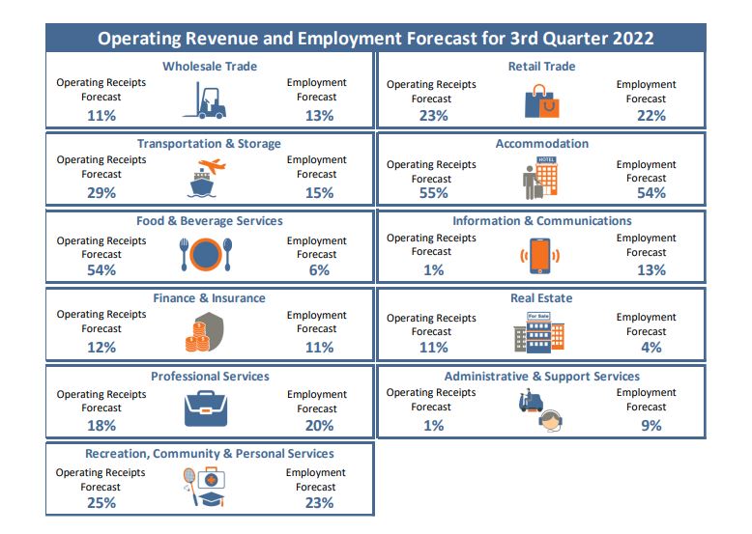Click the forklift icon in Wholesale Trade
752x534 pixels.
tap(204, 100)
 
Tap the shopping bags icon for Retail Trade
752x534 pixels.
tap(541, 100)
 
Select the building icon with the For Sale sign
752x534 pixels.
tap(538, 331)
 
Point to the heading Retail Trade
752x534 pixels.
tap(541, 67)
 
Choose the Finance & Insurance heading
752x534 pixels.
tap(209, 298)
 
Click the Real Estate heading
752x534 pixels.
tap(541, 298)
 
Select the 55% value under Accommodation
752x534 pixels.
tap(433, 193)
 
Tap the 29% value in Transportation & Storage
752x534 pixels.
tap(101, 193)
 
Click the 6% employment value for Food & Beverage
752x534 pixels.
tap(319, 270)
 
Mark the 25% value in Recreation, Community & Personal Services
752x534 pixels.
tap(101, 502)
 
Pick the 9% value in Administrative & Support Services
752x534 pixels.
tap(651, 425)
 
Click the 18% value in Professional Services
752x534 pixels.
tap(101, 425)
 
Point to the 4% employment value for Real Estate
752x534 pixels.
tap(651, 348)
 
